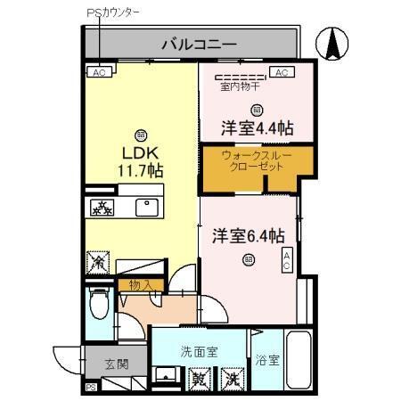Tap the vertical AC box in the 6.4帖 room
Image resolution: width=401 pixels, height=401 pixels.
[286, 260]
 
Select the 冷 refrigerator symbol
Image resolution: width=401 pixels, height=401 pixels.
[96, 263]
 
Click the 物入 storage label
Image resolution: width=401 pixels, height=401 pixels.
[141, 285]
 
